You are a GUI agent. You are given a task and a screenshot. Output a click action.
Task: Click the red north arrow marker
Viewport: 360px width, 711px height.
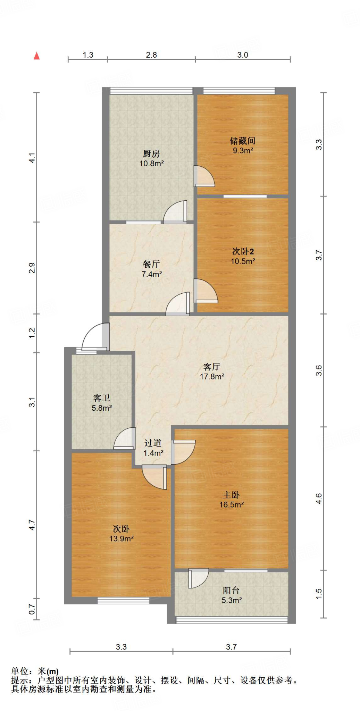(36, 56)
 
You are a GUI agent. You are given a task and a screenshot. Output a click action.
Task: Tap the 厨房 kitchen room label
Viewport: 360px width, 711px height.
(151, 153)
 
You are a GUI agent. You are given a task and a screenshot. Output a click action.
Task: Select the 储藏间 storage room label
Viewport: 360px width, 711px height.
(242, 141)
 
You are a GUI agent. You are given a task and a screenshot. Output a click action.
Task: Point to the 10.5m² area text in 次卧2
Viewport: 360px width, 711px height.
(243, 261)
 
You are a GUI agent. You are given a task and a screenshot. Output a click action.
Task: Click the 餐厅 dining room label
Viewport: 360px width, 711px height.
(151, 264)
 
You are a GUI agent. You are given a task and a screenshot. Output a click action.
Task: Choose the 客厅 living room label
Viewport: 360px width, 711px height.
(211, 367)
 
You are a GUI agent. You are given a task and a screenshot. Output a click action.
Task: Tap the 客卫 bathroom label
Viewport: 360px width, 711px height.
(101, 398)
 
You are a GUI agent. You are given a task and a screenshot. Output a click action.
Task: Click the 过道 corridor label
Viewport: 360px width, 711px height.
(153, 443)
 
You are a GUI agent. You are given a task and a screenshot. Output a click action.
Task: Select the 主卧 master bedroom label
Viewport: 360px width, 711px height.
(231, 495)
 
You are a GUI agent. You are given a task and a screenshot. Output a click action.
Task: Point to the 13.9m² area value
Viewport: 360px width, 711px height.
(121, 539)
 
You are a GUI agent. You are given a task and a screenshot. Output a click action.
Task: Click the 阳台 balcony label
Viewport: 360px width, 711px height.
(231, 590)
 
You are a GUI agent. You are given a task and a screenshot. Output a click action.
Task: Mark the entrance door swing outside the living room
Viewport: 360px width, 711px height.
(94, 336)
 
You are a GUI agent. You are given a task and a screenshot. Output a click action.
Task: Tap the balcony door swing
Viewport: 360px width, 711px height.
(198, 578)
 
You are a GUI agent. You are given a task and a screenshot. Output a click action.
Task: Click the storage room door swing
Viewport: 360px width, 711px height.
(204, 176)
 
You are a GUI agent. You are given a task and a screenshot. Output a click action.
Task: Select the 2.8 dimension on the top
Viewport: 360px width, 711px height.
(151, 55)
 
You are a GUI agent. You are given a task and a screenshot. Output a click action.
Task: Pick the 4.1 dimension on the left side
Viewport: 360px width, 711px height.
(32, 158)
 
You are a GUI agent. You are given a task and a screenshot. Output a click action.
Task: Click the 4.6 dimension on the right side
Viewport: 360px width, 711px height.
(319, 499)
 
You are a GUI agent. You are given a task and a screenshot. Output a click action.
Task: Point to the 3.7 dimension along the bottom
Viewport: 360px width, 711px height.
(231, 647)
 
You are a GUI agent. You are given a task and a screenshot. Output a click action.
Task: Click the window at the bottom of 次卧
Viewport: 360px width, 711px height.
(123, 600)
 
